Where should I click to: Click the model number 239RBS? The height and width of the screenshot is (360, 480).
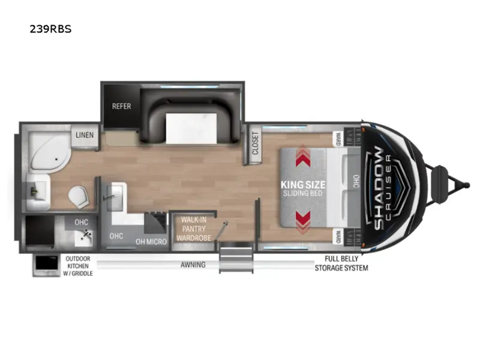(x=50, y=29)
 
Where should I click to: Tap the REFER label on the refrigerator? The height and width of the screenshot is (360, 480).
(x=121, y=106)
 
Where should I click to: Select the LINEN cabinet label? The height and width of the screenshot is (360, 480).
(x=85, y=135)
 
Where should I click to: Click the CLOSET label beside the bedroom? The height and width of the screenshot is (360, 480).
(x=256, y=143)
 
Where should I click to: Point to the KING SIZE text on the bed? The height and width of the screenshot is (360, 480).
(x=303, y=185)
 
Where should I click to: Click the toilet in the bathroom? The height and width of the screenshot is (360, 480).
(x=79, y=197)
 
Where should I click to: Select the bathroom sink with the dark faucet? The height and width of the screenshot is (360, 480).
(x=38, y=192)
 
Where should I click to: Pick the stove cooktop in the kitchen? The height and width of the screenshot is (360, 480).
(x=156, y=222)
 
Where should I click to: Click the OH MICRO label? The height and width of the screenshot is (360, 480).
(x=151, y=242)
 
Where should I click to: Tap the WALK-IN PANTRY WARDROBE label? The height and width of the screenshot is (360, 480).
(x=194, y=229)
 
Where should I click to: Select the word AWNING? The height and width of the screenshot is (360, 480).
(x=193, y=265)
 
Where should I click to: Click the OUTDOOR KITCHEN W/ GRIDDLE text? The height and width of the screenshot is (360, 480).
(x=78, y=266)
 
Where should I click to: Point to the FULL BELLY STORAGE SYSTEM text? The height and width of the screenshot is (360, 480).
(x=341, y=263)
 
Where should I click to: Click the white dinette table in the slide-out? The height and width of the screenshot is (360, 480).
(x=191, y=128)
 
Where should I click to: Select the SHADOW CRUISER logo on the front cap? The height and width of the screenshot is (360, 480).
(x=383, y=188)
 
